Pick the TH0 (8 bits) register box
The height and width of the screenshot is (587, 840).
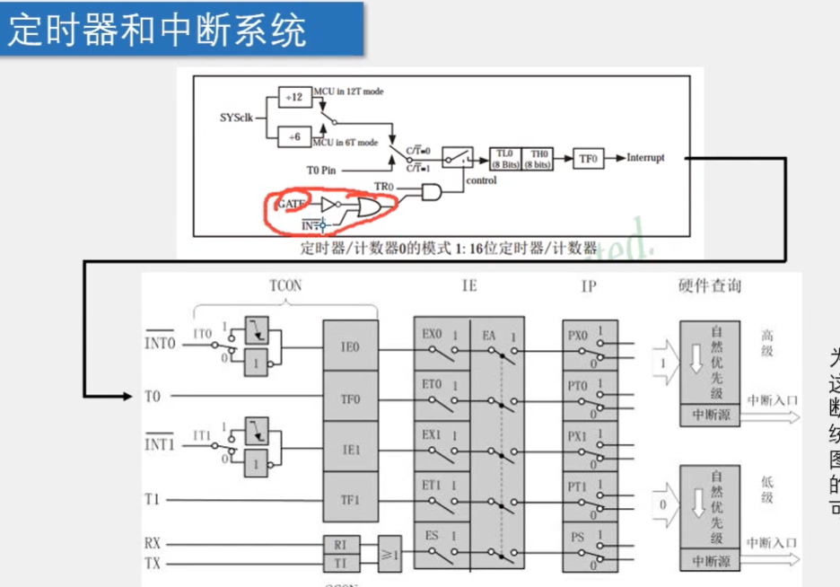tap(537, 158)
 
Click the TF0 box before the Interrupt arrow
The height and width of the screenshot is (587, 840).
tap(588, 158)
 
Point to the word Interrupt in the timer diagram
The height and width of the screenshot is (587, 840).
tap(646, 158)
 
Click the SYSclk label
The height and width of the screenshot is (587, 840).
tap(237, 118)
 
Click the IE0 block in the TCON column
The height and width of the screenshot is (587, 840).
tap(350, 346)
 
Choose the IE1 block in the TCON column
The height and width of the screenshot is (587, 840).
tap(350, 451)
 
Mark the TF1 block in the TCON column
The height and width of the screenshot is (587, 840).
tap(350, 501)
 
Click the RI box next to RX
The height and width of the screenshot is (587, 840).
tap(340, 544)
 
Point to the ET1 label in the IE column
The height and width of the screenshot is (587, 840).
tap(433, 486)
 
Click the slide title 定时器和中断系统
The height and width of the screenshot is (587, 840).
tap(158, 31)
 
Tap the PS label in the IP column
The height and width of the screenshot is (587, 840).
tap(577, 538)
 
